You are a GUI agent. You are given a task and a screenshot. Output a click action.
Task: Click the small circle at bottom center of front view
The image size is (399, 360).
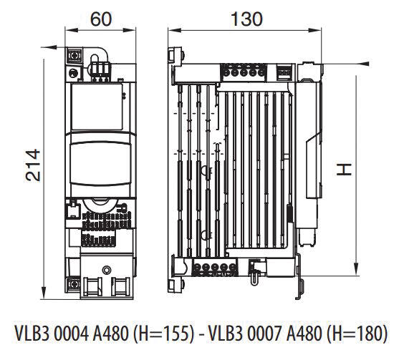107,270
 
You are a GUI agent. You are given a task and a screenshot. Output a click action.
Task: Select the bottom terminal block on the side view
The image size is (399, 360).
213,269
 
